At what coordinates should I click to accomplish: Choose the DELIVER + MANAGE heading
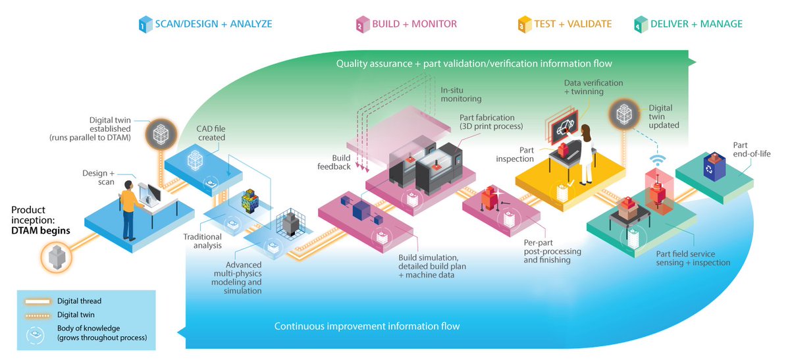pos(695,24)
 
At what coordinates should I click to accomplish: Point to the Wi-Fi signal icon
pos(656,161)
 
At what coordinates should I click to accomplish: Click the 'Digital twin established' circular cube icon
pos(158,134)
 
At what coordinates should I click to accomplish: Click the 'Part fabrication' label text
pos(490,121)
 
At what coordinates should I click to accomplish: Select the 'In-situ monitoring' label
pos(461,94)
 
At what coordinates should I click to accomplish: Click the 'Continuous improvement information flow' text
pos(367,326)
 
